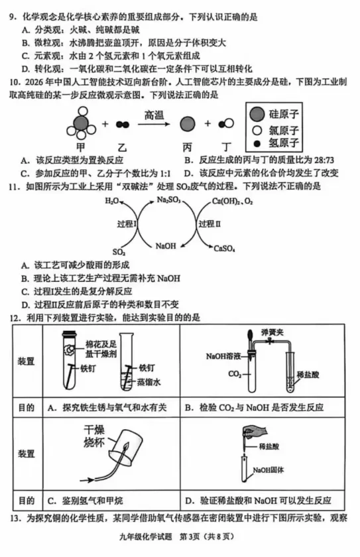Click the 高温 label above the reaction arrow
pyautogui.click(x=154, y=115)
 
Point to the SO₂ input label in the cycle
pyautogui.click(x=119, y=252)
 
